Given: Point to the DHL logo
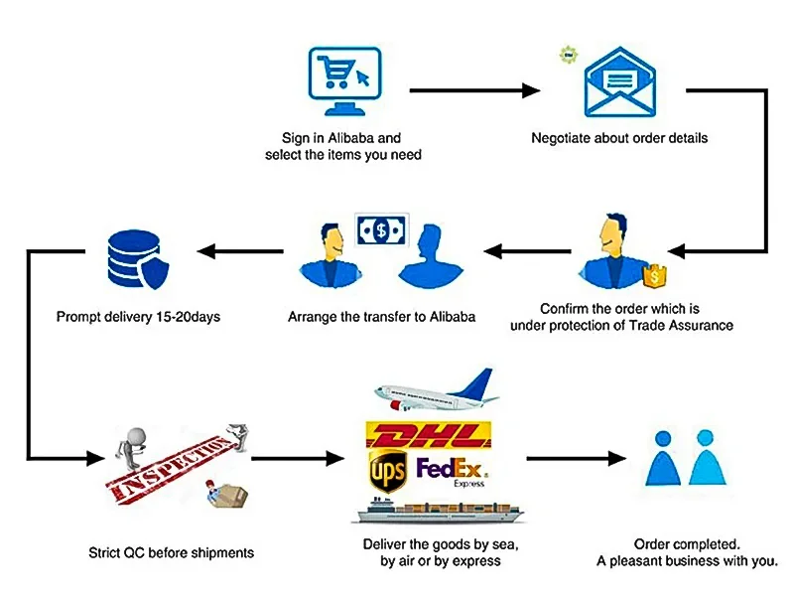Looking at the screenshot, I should point(429,434).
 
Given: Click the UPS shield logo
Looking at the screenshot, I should point(387,471).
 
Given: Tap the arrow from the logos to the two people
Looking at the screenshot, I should point(576,459).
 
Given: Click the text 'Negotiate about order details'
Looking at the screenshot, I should point(619,138).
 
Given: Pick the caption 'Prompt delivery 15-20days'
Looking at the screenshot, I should point(138,318).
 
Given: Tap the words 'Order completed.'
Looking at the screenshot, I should point(687,544).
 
